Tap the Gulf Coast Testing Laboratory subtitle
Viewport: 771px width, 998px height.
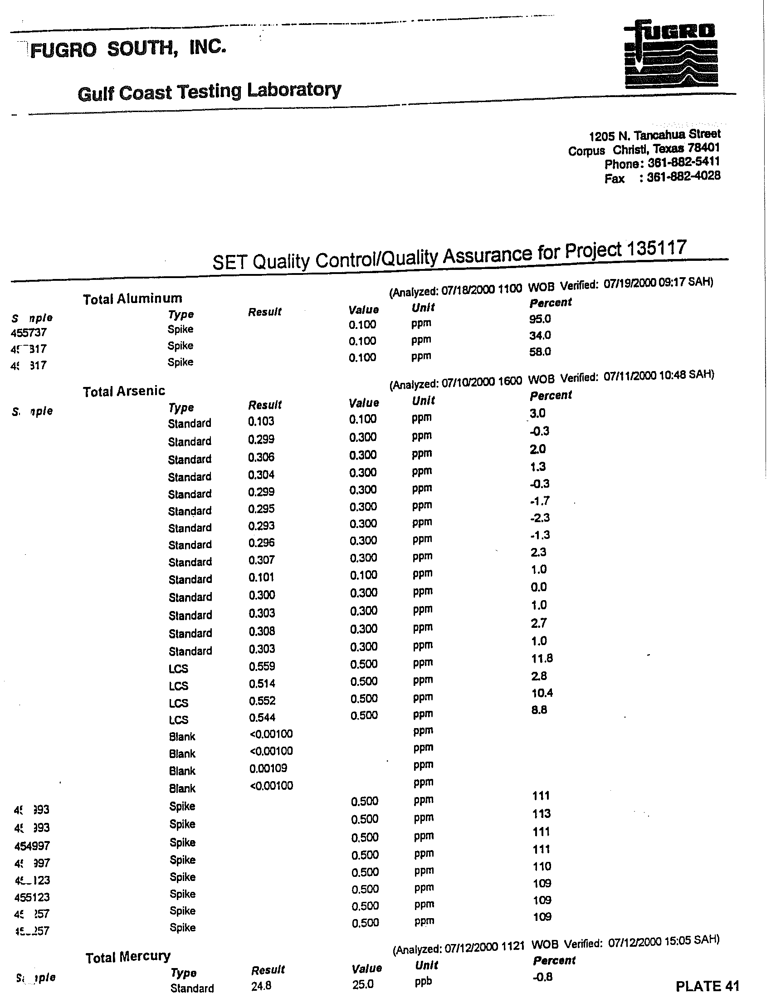tap(209, 91)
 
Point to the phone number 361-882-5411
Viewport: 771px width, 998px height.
tap(684, 162)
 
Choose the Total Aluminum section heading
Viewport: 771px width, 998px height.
tap(132, 299)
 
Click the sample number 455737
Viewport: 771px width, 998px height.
tap(28, 333)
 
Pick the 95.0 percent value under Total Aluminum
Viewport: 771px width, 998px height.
tap(540, 318)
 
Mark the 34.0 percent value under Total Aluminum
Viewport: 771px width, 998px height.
tap(540, 335)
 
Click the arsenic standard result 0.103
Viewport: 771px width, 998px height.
tap(261, 421)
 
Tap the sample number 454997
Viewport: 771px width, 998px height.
tap(32, 846)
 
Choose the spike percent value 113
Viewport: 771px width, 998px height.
tap(542, 813)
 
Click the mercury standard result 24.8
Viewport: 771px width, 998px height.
tap(261, 986)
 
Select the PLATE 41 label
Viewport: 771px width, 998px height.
tap(707, 986)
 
